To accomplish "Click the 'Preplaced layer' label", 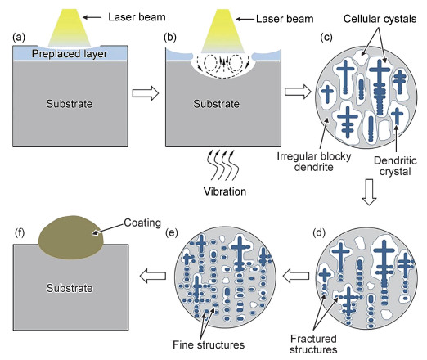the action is click(x=70, y=54).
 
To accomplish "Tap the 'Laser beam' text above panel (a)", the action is click(x=137, y=17).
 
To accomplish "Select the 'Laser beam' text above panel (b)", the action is click(x=285, y=19).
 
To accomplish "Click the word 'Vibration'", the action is click(x=225, y=191).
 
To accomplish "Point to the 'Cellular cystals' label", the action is click(x=380, y=19).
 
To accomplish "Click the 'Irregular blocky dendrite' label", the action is click(x=313, y=161).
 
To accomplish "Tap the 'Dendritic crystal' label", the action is click(x=395, y=166).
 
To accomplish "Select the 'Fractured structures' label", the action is click(x=313, y=344).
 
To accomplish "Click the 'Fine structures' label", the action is click(x=209, y=344).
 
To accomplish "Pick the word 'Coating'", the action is click(x=142, y=223).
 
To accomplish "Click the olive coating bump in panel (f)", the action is click(x=70, y=237).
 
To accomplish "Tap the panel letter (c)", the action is click(x=326, y=38).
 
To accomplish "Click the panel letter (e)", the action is click(x=172, y=232).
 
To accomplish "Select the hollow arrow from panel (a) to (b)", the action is click(x=146, y=93).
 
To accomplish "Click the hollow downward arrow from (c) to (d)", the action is click(x=369, y=191).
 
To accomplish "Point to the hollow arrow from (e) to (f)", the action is click(x=153, y=276).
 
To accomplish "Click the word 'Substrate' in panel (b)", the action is click(x=217, y=104).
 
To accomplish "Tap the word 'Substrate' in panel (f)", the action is click(x=70, y=288).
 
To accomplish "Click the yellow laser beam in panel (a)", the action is click(x=70, y=28).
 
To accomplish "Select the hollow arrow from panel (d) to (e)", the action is click(x=296, y=276).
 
